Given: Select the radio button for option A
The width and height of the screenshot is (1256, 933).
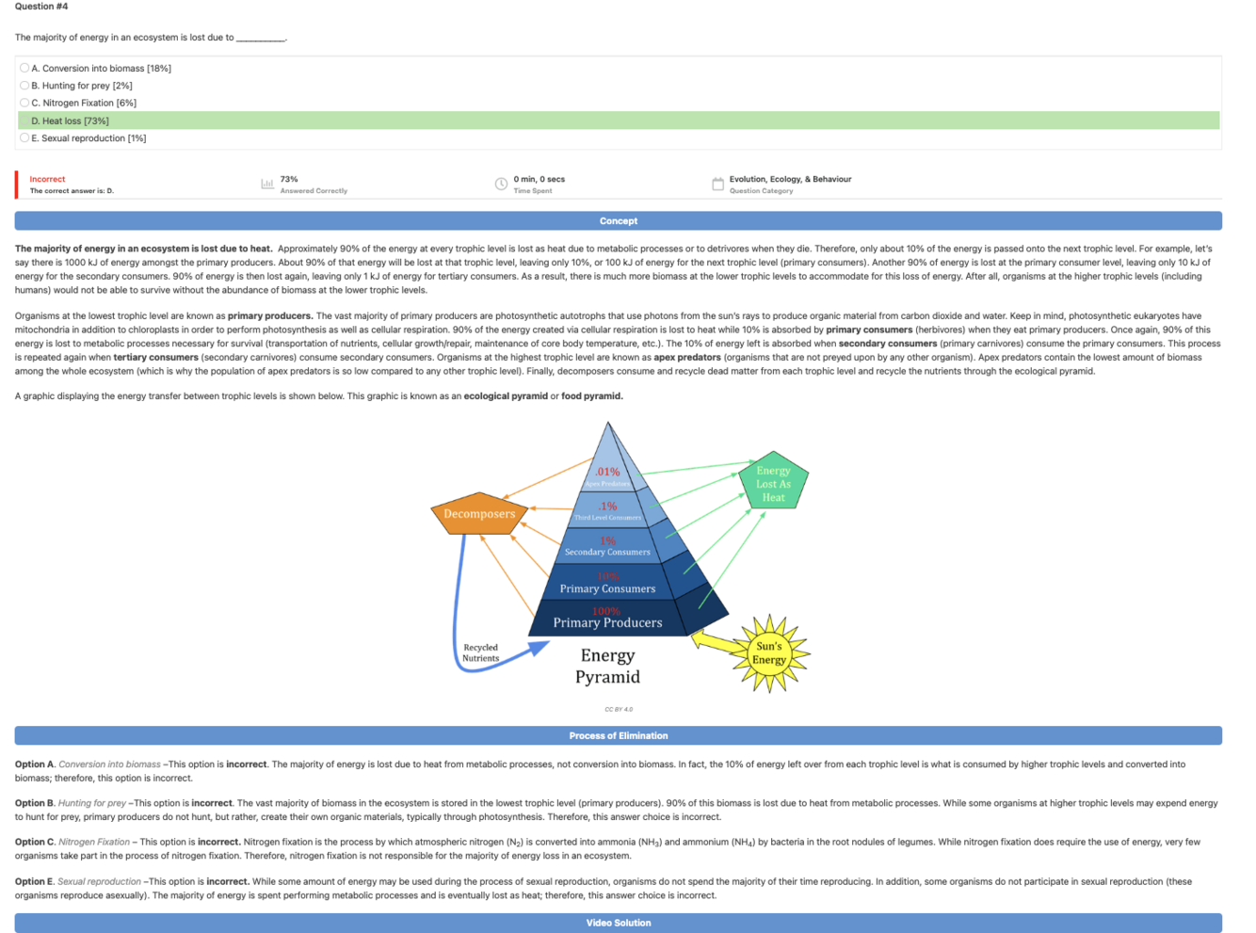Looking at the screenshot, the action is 24,68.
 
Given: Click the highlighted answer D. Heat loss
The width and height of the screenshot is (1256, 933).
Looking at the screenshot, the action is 71,121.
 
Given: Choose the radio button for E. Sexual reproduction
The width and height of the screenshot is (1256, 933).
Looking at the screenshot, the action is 24,137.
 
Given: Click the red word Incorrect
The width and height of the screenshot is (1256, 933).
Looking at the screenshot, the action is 47,179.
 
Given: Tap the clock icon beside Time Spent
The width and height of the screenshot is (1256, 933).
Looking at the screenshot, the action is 501,184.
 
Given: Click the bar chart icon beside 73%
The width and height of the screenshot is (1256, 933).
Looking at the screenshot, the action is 267,184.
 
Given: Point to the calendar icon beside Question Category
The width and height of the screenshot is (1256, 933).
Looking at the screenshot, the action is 717,184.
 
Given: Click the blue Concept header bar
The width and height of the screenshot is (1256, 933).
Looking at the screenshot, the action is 618,221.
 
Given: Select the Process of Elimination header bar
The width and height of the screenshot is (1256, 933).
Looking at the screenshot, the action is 618,735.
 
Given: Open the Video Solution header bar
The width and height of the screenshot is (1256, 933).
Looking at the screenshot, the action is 618,923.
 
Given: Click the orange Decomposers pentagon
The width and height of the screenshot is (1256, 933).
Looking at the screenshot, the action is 479,513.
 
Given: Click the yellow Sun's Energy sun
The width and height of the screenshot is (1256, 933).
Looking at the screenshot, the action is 769,652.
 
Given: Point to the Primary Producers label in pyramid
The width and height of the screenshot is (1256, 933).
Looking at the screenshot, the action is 607,622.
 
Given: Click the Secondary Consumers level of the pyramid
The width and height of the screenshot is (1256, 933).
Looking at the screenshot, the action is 607,551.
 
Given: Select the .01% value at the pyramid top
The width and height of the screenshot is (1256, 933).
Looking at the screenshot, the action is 607,472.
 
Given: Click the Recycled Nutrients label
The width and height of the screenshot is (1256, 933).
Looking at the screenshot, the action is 480,652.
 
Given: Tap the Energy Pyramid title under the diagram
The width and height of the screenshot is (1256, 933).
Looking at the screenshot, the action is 607,666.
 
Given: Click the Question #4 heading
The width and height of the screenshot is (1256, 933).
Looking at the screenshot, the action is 41,7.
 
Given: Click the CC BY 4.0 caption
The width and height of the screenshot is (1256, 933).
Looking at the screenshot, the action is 619,709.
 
